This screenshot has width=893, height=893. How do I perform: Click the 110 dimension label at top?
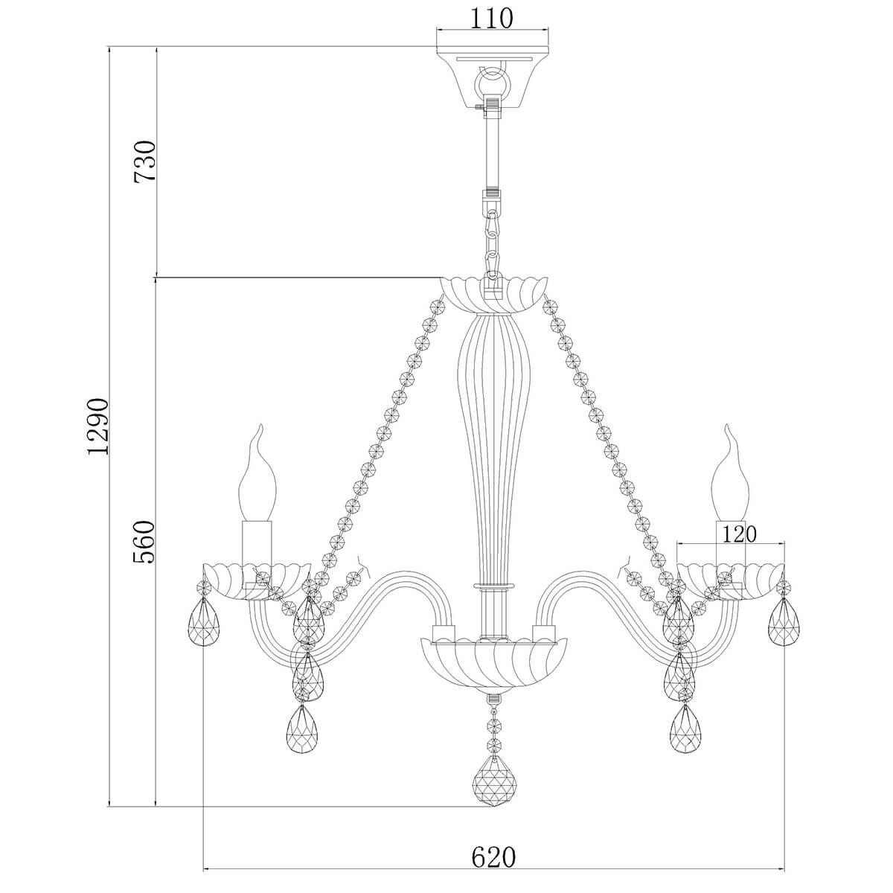[x=492, y=19]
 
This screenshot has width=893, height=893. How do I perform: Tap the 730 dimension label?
[x=144, y=162]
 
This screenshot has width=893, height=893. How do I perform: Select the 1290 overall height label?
[x=97, y=426]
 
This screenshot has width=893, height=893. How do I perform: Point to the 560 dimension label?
[x=144, y=542]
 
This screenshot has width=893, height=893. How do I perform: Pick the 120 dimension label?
[x=739, y=534]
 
